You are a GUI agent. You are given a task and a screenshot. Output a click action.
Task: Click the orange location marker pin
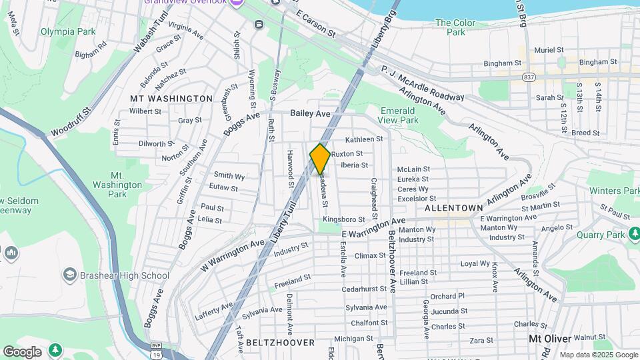pyautogui.click(x=320, y=159)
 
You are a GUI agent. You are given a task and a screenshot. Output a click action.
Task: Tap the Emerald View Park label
pyautogui.click(x=399, y=115)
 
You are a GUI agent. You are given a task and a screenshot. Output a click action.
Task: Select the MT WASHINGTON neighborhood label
pyautogui.click(x=171, y=99)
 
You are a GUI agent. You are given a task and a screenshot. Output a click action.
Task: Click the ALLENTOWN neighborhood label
pyautogui.click(x=453, y=209)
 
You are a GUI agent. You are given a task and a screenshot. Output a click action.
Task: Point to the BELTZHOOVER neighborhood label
pyautogui.click(x=280, y=343)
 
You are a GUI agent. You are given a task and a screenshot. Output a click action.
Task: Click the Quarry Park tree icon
pyautogui.click(x=635, y=233)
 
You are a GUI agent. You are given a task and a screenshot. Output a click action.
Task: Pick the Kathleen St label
pyautogui.click(x=364, y=139)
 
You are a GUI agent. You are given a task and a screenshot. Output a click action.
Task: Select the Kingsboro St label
pyautogui.click(x=344, y=219)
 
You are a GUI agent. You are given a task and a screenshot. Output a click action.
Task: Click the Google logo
pyautogui.click(x=21, y=351)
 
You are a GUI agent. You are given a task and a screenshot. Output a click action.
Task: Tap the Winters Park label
pyautogui.click(x=614, y=191)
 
